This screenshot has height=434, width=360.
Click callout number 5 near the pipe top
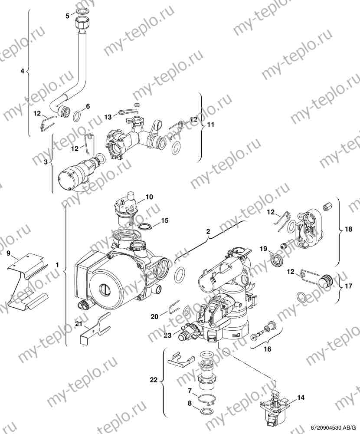tap(67, 16)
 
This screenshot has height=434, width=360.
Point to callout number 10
tap(149, 197)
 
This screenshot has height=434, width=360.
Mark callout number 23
tap(168, 335)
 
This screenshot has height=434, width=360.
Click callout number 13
tap(108, 117)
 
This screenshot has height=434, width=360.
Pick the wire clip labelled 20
tap(173, 307)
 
